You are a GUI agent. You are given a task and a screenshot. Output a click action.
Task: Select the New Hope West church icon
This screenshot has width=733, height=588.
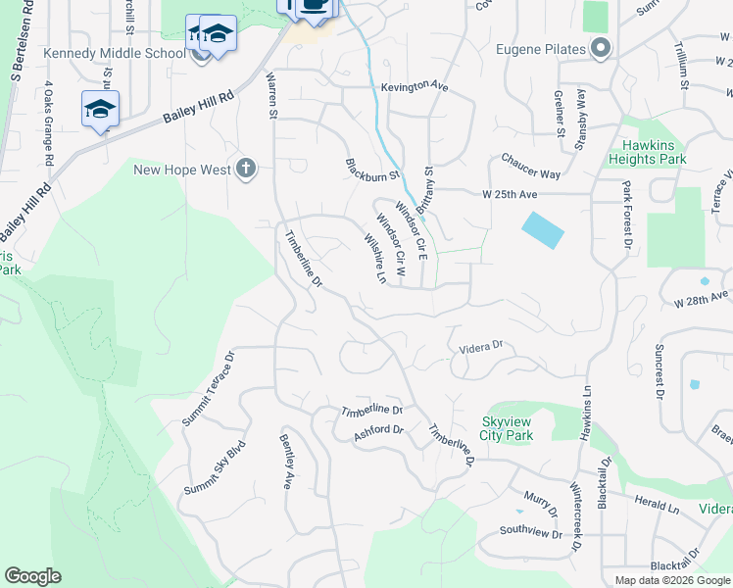tap(246, 170)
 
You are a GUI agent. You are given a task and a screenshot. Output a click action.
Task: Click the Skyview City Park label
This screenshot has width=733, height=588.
tap(507, 428)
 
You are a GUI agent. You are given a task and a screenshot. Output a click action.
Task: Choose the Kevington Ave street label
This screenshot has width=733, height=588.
tap(415, 86)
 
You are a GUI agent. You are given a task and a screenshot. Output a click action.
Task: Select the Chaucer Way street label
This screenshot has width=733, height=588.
tap(530, 167)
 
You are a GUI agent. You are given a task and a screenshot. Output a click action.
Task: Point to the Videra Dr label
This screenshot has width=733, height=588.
tap(481, 346)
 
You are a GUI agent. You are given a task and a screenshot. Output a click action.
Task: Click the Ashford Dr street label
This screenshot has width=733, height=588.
tap(378, 430)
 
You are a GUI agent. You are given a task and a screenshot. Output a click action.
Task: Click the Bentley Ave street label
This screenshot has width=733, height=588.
tap(287, 461)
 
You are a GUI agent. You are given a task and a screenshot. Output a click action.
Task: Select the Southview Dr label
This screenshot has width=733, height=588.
tap(530, 532)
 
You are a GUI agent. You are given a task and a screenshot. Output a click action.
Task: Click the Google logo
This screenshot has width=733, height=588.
tap(32, 576)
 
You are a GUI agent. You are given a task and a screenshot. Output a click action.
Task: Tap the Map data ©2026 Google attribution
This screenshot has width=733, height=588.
tap(672, 580)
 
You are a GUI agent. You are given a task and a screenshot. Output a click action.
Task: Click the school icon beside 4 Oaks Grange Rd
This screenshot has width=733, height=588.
tap(100, 109)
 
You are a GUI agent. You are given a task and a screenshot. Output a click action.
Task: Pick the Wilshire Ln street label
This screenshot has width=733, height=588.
tap(374, 257)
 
